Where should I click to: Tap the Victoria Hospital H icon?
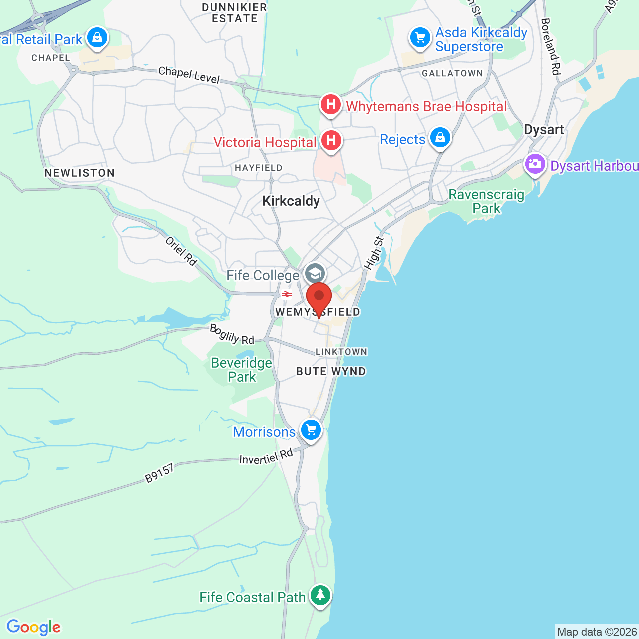point(331,141)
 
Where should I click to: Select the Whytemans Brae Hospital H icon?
point(330,105)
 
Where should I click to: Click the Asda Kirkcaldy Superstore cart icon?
point(420,37)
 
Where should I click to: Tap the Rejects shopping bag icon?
point(440,137)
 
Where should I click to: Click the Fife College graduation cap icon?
point(315,274)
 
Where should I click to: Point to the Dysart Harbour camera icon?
point(535,164)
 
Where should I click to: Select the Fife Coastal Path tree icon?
point(320,595)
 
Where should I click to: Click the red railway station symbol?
point(287,294)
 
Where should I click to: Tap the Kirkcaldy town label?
point(291,201)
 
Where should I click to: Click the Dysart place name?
point(544,130)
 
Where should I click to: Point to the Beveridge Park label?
point(242,370)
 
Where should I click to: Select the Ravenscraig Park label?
point(486,201)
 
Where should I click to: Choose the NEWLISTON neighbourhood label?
point(80,173)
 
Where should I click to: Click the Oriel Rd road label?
point(181,251)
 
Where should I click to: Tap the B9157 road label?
point(160,473)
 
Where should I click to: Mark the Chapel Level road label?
point(189,75)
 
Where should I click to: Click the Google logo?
point(33,627)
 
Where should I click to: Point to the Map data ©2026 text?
point(597,632)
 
